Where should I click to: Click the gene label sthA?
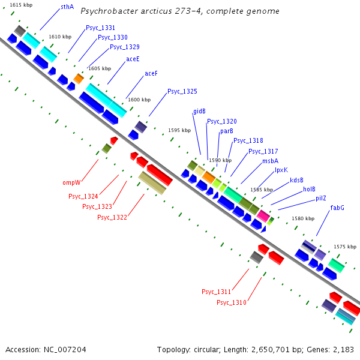coord(67,8)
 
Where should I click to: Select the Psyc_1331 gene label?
coord(100,28)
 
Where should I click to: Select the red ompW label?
coord(71,182)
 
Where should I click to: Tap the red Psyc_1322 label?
coord(112,217)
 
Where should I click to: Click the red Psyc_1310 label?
coord(232,302)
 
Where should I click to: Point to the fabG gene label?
coord(337,208)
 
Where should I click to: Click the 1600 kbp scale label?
coord(139,100)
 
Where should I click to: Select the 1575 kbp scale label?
coord(345,247)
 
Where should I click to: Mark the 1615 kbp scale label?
coord(20,5)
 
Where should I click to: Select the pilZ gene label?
coord(321,198)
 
